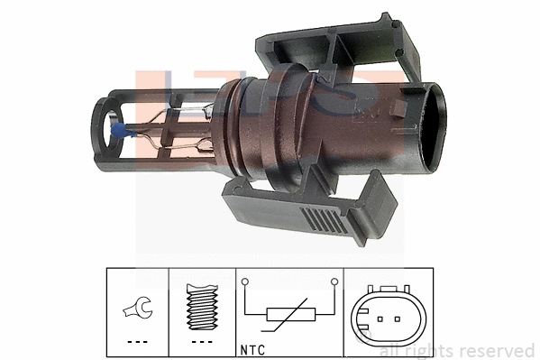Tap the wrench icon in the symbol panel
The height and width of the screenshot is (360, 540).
(x=138, y=310)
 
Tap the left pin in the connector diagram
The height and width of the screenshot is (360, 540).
(x=380, y=318)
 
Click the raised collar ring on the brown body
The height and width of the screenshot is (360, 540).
(x=241, y=126)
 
